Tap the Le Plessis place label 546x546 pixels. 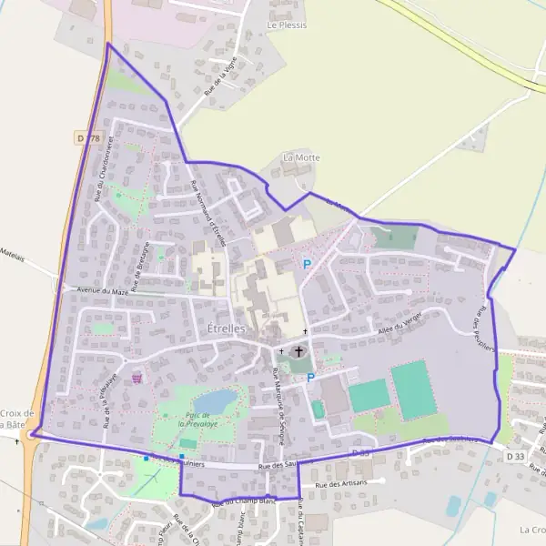coord(287,25)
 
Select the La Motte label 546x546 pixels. coord(301,157)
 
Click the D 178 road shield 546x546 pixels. coord(86,137)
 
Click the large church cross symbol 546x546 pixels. coord(299,349)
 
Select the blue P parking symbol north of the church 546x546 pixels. coord(307,264)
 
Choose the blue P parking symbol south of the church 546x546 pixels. coord(310,378)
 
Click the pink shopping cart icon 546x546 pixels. coord(137,377)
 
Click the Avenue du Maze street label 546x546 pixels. coord(101,291)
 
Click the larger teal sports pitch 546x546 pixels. coord(412,389)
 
